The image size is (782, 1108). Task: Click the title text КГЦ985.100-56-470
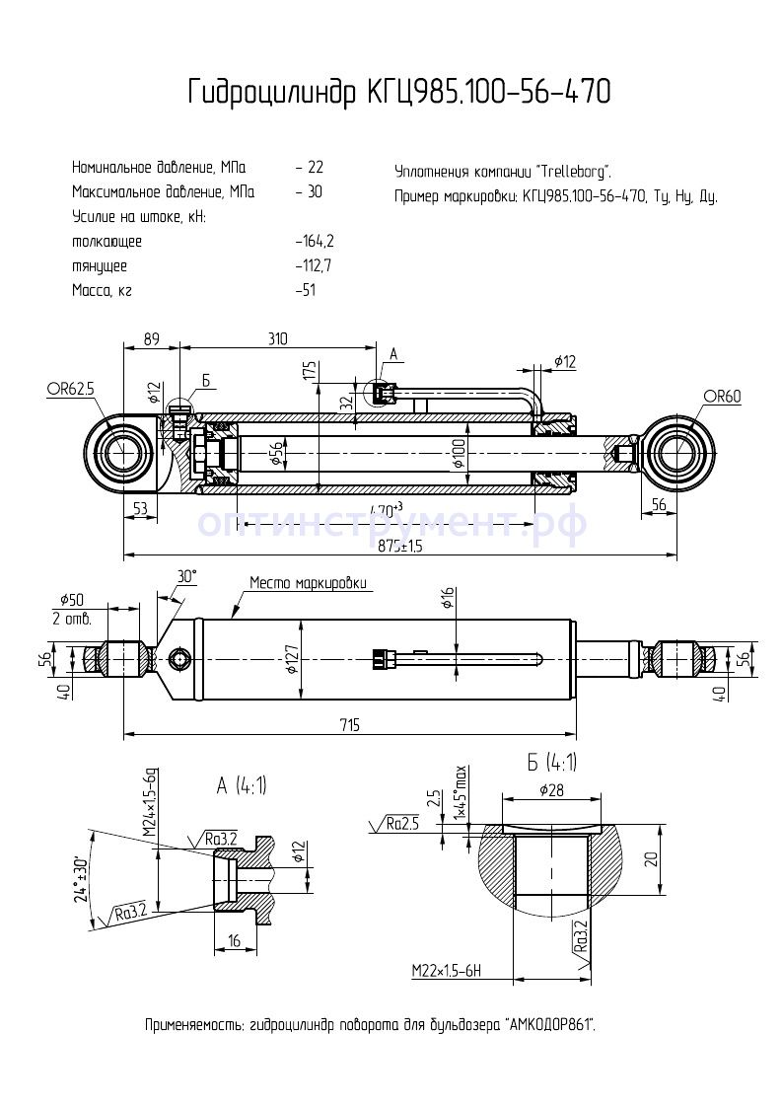point(489,93)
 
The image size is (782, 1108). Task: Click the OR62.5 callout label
point(70,389)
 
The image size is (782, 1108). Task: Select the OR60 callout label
point(722,397)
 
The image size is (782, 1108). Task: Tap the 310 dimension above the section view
point(277,338)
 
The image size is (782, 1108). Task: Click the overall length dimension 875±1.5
point(399,547)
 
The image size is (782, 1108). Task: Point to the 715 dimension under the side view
point(349,725)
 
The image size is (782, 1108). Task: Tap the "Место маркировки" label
point(309,583)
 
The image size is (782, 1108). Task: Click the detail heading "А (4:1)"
point(242,785)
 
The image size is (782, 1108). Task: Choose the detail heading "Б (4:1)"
point(552,762)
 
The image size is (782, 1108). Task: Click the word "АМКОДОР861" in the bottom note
point(550,1025)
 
